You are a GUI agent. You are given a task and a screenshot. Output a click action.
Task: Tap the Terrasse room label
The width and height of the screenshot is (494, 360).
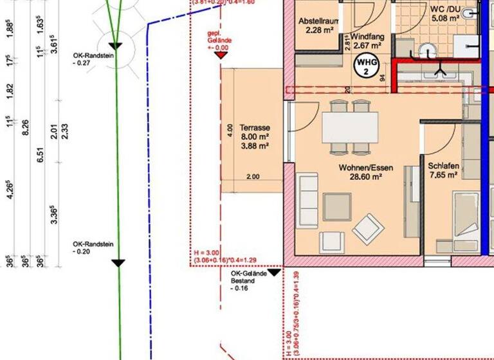pos(253,128)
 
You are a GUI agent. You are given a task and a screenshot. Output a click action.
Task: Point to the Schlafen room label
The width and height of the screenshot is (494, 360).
pos(443,165)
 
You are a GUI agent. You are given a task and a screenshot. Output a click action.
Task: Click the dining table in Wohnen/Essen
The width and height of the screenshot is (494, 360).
pos(350,127)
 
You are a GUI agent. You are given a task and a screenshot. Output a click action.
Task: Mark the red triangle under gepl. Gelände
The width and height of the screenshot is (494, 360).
pos(221,55)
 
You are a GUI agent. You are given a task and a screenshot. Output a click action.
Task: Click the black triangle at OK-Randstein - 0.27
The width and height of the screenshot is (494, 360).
pos(115,46)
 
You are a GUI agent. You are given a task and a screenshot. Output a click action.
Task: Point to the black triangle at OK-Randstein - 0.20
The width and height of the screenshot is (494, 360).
pos(118,262)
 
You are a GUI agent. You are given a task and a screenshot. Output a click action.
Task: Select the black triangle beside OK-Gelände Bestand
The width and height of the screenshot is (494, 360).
pos(274,272)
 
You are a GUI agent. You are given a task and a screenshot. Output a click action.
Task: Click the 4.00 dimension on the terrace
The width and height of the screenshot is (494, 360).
pos(230,130)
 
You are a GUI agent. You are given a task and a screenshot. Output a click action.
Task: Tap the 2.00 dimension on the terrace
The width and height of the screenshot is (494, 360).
pos(252,177)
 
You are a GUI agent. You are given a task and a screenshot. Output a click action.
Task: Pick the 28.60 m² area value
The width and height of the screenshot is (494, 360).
pos(361,175)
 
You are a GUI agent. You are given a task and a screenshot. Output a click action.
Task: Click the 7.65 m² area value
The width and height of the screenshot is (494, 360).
pos(443,175)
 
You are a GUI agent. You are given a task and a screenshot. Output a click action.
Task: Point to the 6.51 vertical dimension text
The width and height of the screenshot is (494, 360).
pos(42,154)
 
